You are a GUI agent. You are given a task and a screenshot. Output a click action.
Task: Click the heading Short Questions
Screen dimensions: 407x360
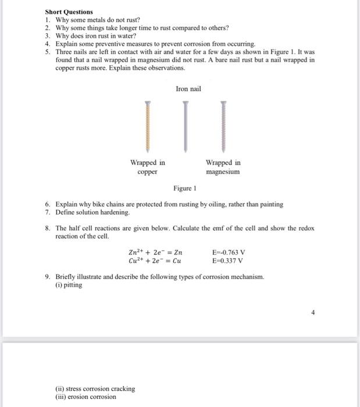[x=69, y=12]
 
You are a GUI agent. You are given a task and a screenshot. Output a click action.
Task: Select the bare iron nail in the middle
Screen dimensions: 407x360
[x=186, y=127]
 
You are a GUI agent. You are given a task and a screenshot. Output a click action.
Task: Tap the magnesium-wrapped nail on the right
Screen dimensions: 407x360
[x=223, y=127]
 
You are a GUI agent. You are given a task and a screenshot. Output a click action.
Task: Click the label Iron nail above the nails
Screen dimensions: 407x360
[x=188, y=89]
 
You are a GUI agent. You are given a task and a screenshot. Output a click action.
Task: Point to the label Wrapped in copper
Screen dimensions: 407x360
[x=148, y=167]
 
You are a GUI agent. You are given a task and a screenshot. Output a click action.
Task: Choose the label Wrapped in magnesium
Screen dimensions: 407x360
[x=223, y=167]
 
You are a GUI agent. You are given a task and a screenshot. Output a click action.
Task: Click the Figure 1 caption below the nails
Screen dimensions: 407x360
[x=185, y=188]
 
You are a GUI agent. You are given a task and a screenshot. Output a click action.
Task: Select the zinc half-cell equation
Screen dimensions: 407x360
[x=155, y=252]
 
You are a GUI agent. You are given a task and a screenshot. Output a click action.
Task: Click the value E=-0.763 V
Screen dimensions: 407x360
[x=229, y=252]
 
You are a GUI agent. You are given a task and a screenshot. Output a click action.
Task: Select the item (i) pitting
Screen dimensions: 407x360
[x=69, y=285]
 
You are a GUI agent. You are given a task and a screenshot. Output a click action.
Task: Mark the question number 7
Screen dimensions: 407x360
[x=48, y=213]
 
